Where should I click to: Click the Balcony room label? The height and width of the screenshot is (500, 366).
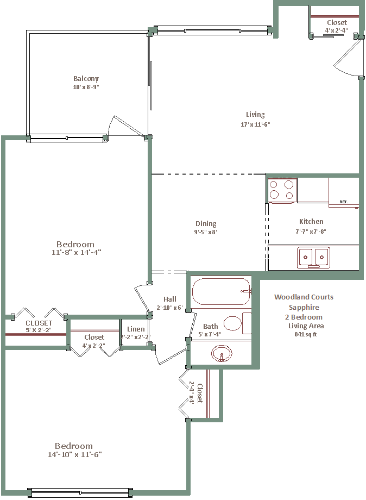coord(86,78)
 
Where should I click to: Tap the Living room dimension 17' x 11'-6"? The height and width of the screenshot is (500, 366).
coord(255,124)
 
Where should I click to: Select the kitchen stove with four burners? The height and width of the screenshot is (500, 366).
coord(282,190)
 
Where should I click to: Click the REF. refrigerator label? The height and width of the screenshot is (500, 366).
coord(344,202)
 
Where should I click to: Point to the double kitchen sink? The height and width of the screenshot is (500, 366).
coord(313,257)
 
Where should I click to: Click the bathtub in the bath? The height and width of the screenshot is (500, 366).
coord(222,291)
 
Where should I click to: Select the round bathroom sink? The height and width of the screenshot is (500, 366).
coord(222,353)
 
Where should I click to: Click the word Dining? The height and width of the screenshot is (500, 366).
coord(206,224)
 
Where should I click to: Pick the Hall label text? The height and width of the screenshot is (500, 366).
coord(170,299)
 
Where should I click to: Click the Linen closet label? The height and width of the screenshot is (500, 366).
coord(136,329)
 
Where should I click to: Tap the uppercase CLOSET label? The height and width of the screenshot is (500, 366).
coord(39,323)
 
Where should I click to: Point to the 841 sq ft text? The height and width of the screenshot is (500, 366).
coord(306,334)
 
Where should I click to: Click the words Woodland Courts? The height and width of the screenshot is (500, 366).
coord(304,297)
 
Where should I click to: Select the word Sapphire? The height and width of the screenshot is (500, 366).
coord(304,308)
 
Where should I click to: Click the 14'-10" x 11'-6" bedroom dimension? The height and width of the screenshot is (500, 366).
coord(75,454)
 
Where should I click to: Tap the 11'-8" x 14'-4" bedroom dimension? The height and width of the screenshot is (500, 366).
coord(77,252)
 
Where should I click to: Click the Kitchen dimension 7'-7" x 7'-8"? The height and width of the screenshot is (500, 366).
coord(311,232)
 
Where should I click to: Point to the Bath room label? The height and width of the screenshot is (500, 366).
coord(211,326)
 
